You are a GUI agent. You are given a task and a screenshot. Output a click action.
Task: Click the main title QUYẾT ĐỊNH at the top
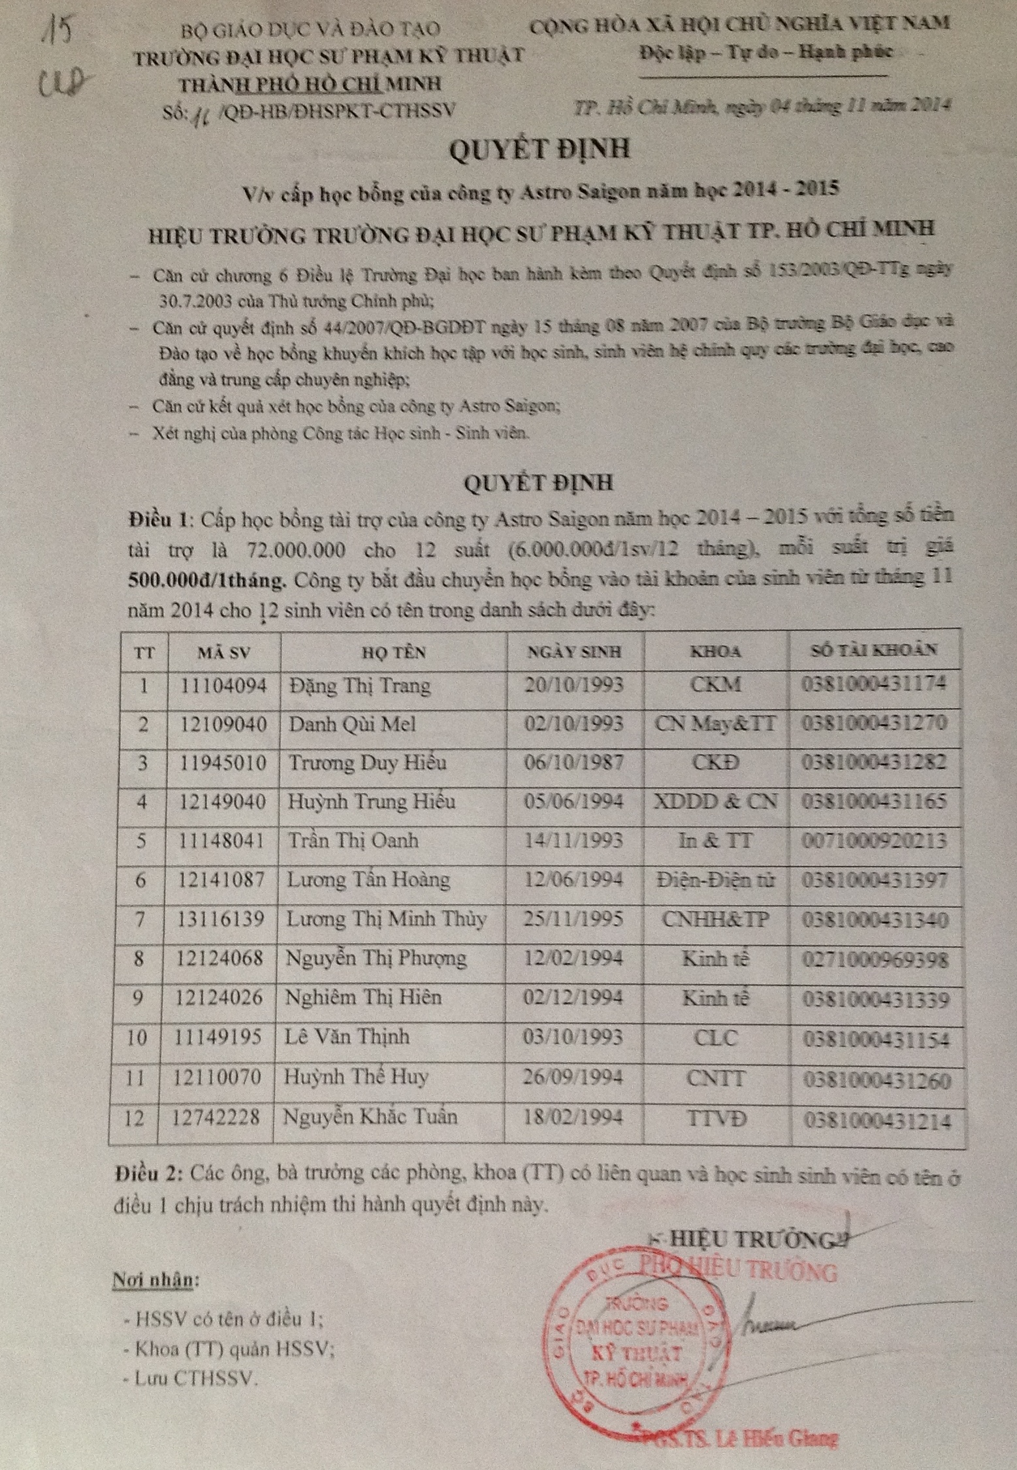539,150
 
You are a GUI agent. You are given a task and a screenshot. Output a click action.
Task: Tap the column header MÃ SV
224,652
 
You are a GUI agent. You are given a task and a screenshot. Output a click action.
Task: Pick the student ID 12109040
223,724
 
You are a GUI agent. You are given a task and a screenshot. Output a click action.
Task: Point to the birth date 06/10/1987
573,763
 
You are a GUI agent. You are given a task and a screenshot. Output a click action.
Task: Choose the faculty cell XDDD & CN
715,801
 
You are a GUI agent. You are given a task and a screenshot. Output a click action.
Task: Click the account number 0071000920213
874,840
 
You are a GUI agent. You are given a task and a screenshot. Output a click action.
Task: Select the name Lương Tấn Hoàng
368,880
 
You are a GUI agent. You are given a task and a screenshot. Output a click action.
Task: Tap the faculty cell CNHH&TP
715,919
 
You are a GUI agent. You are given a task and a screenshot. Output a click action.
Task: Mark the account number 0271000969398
875,960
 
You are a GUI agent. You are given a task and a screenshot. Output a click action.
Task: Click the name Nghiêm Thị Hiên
364,997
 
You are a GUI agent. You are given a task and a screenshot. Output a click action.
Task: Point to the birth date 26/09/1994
573,1078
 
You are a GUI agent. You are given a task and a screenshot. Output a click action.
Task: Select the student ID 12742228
216,1117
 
